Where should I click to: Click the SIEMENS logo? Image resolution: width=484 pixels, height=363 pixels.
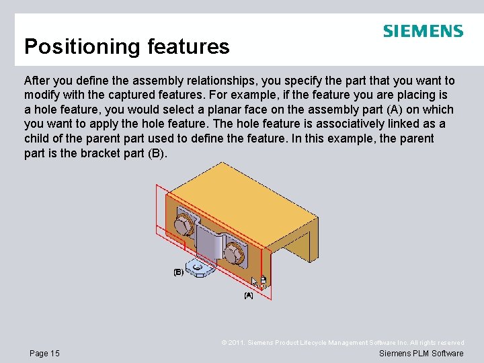click(423, 32)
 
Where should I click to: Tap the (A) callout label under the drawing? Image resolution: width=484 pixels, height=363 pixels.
click(249, 295)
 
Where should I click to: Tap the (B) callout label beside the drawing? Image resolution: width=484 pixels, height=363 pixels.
click(179, 272)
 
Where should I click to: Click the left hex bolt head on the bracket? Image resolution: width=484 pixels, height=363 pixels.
click(184, 223)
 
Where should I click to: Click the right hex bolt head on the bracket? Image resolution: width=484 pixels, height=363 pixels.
click(233, 253)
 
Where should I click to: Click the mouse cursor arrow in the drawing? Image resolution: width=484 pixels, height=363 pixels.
click(255, 281)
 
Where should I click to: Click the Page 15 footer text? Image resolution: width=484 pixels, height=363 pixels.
click(44, 353)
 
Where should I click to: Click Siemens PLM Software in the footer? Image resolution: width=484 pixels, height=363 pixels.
click(421, 353)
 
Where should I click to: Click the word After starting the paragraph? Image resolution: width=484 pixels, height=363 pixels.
click(38, 81)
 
